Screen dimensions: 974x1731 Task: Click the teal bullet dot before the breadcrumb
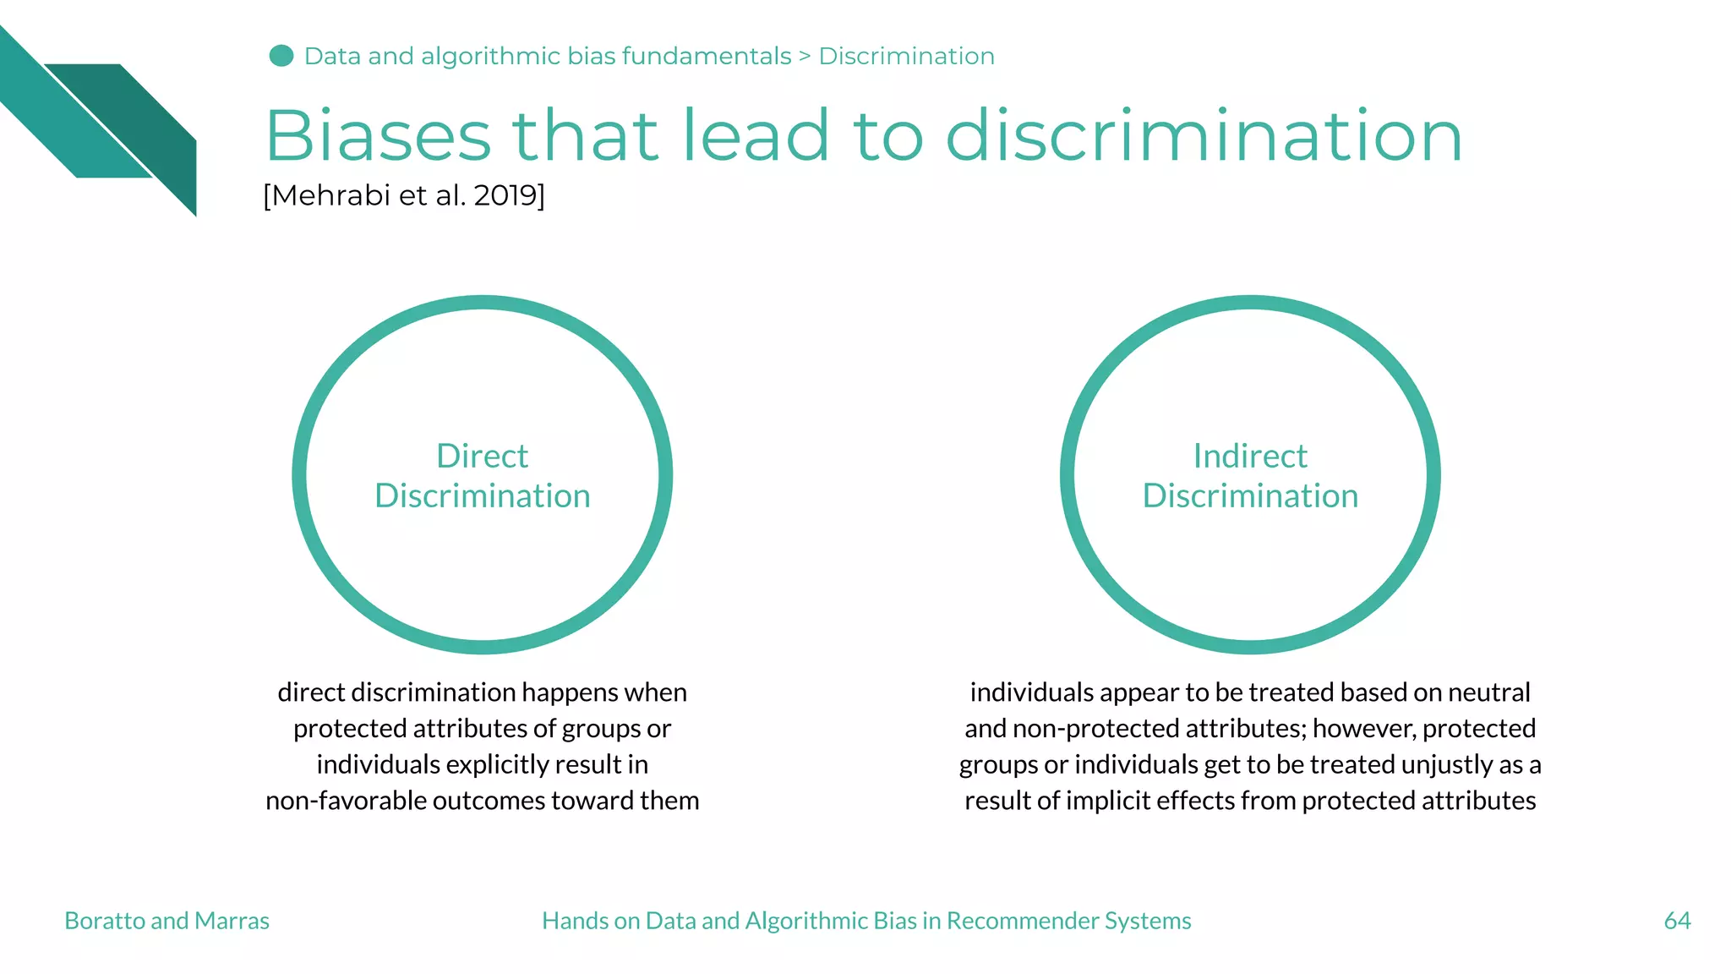click(x=281, y=56)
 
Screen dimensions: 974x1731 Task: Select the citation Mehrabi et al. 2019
click(x=404, y=195)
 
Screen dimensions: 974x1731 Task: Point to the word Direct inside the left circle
click(x=482, y=457)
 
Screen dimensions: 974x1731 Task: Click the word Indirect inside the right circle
click(x=1250, y=457)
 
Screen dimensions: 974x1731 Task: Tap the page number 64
click(x=1677, y=921)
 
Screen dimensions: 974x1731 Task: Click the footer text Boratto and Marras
click(x=167, y=921)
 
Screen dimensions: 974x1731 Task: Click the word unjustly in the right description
click(x=1447, y=765)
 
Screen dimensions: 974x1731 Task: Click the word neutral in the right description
click(x=1488, y=692)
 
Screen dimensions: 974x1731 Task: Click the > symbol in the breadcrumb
click(x=805, y=57)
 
